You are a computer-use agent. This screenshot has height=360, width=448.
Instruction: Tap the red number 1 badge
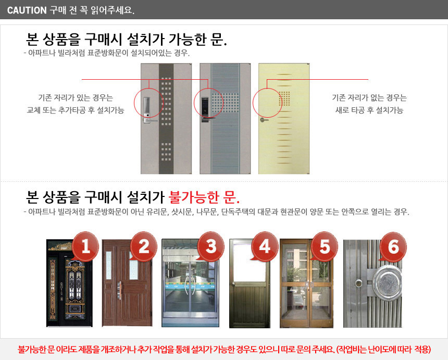[85, 247]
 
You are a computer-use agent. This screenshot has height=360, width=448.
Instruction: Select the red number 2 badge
[143, 247]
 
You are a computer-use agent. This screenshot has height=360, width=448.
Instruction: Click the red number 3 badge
[210, 246]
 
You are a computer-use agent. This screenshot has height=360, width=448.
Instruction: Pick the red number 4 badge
[265, 246]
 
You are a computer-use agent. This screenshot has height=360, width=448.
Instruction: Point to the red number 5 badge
[324, 246]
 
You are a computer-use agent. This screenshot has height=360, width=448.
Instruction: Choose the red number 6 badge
[393, 247]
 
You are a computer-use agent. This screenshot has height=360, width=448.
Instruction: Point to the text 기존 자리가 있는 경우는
[76, 97]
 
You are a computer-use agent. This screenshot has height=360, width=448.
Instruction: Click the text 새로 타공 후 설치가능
[369, 110]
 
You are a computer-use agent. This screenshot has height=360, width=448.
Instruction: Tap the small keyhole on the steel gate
[359, 283]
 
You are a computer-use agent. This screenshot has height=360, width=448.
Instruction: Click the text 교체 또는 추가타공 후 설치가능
[76, 110]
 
